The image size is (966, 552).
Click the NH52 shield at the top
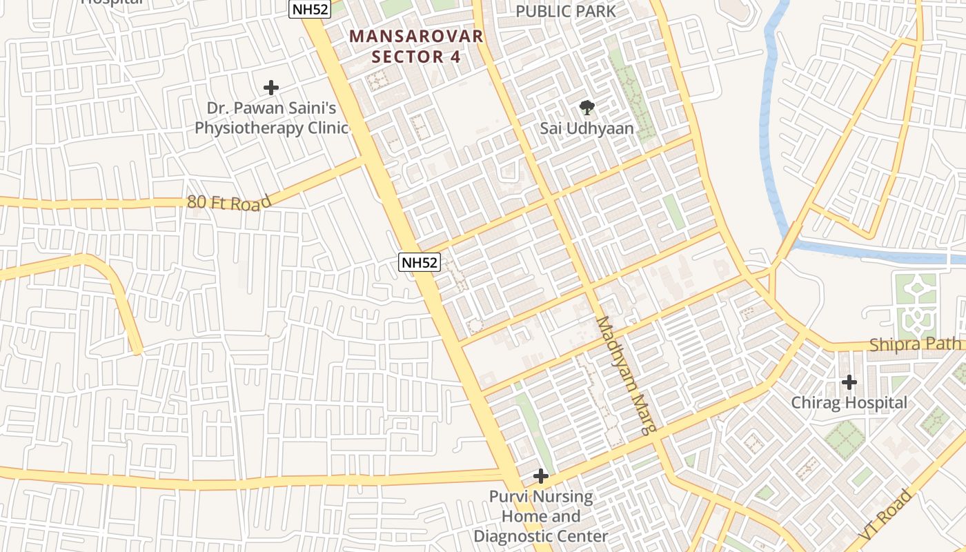pyautogui.click(x=309, y=8)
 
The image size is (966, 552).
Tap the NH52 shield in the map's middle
pyautogui.click(x=419, y=263)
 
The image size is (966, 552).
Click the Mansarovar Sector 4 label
pyautogui.click(x=416, y=46)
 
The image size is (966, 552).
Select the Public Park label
pyautogui.click(x=566, y=11)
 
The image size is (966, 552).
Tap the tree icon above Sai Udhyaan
pyautogui.click(x=586, y=107)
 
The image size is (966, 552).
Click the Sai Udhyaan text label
pyautogui.click(x=586, y=128)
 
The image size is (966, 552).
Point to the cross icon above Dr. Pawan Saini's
pyautogui.click(x=271, y=88)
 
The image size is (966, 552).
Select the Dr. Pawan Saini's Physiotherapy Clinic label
pyautogui.click(x=271, y=118)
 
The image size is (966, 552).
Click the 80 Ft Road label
pyautogui.click(x=229, y=201)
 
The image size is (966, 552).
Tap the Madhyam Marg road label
pyautogui.click(x=625, y=375)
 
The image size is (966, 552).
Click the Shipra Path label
pyautogui.click(x=915, y=344)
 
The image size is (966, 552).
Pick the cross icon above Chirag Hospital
pyautogui.click(x=849, y=382)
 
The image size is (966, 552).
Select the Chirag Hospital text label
pyautogui.click(x=849, y=402)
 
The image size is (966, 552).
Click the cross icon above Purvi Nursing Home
pyautogui.click(x=541, y=476)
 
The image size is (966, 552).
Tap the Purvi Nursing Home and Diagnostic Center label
pyautogui.click(x=541, y=516)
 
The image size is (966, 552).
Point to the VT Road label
pyautogui.click(x=886, y=515)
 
